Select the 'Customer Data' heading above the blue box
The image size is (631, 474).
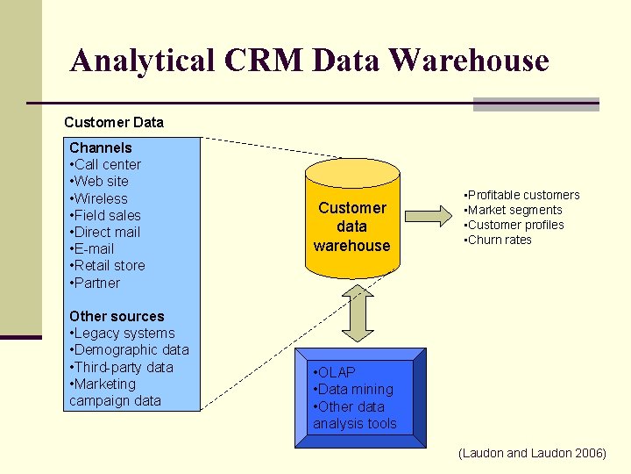point(114,122)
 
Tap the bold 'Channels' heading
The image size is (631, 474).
point(101,147)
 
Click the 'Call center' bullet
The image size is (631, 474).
point(105,164)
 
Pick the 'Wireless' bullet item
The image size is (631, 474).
point(99,198)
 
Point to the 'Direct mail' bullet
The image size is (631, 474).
point(105,232)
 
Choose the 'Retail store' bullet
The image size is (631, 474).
point(108,265)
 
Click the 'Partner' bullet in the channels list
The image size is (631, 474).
point(96,283)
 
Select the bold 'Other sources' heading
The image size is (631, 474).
point(117,316)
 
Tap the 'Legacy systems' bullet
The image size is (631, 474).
point(123,333)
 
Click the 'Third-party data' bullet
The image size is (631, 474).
point(122,367)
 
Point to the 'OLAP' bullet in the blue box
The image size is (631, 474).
point(335,372)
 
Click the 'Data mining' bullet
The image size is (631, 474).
point(354,389)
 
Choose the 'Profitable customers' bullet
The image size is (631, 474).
point(522,195)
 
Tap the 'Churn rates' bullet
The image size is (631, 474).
point(499,240)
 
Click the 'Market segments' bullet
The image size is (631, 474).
point(514,210)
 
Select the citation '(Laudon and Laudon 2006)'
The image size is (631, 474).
point(532,453)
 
